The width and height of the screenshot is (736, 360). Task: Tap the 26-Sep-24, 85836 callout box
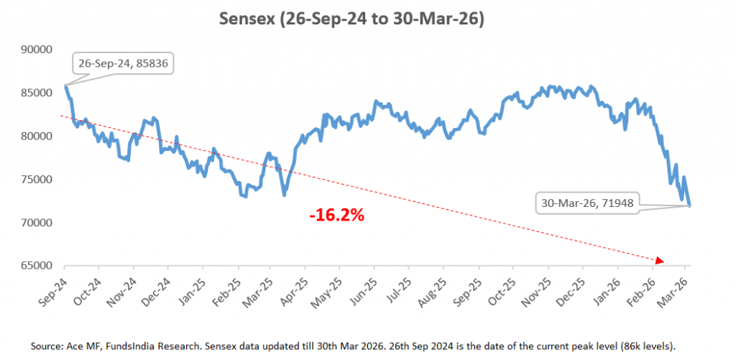(x=123, y=63)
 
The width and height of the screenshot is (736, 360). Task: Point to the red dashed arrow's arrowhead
(x=660, y=261)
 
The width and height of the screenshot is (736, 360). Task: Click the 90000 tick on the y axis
(x=40, y=50)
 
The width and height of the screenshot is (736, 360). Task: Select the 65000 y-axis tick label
(x=40, y=266)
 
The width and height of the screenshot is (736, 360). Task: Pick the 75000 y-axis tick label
(x=40, y=180)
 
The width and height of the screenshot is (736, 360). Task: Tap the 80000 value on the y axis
(x=40, y=137)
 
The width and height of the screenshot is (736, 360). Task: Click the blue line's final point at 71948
(x=690, y=206)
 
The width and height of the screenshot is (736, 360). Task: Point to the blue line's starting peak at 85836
(x=65, y=86)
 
